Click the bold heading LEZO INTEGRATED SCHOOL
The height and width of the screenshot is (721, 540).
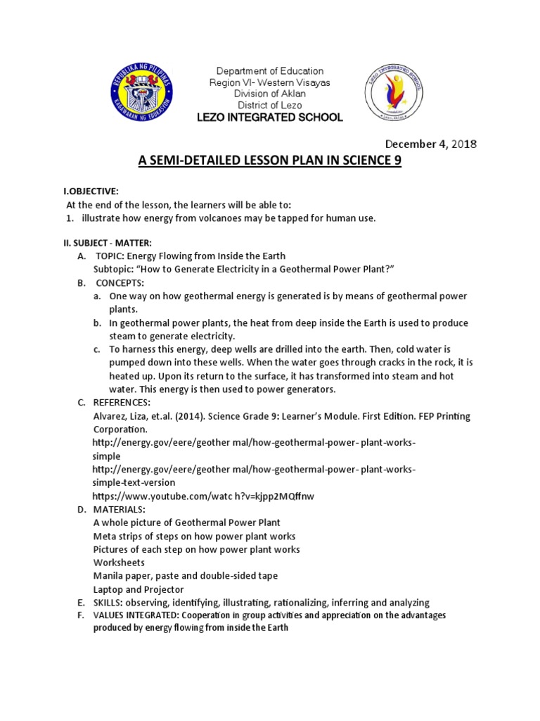click(270, 117)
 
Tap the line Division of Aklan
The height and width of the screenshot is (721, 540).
click(270, 94)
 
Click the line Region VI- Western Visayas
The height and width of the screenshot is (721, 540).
click(270, 82)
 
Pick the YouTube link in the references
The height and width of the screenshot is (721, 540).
click(203, 496)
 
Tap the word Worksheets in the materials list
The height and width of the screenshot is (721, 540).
click(119, 563)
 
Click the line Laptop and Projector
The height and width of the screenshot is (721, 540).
click(139, 589)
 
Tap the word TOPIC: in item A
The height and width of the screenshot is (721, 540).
click(109, 256)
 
